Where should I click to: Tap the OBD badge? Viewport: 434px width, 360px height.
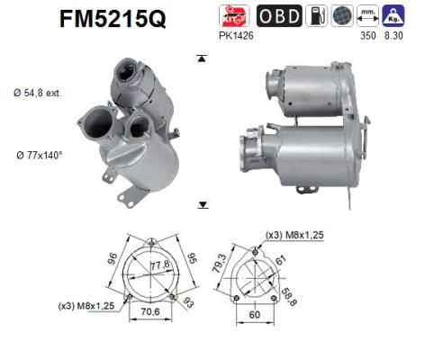(279, 15)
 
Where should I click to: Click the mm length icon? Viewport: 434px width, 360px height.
(368, 15)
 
